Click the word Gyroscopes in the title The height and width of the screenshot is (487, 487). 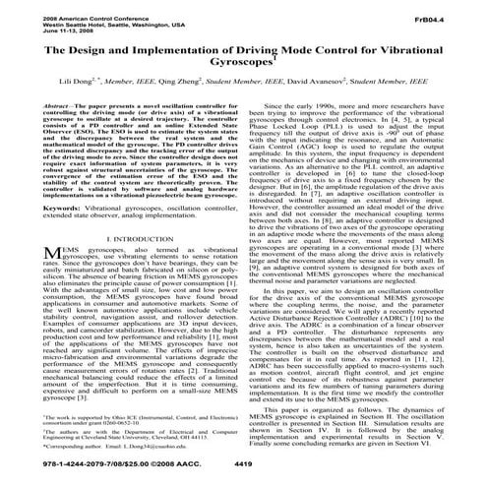[x=242, y=73]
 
